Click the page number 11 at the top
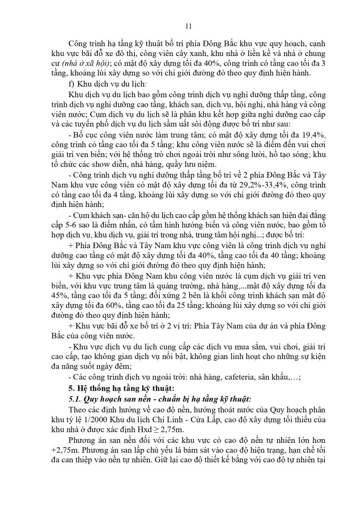[189, 26]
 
